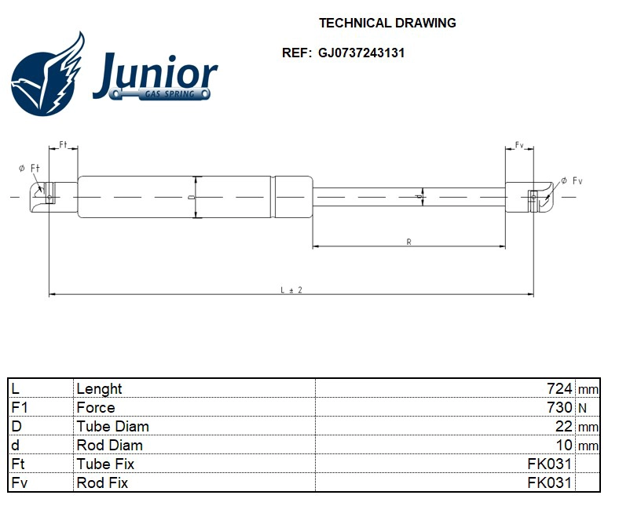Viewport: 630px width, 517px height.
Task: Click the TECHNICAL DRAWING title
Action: pyautogui.click(x=387, y=23)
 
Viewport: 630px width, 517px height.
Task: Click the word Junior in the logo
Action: pyautogui.click(x=155, y=74)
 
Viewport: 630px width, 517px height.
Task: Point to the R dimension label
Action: pyautogui.click(x=408, y=242)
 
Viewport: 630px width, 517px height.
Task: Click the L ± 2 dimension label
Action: pyautogui.click(x=291, y=290)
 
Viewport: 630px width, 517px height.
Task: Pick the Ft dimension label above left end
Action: pyautogui.click(x=64, y=146)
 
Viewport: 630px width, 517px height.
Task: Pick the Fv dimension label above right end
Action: pyautogui.click(x=519, y=146)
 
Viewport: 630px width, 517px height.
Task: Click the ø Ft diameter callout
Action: pyautogui.click(x=28, y=168)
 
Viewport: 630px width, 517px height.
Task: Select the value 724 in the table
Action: pyautogui.click(x=559, y=389)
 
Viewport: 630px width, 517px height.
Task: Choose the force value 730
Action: pyautogui.click(x=559, y=408)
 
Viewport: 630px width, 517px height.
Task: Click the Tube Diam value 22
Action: pyautogui.click(x=563, y=427)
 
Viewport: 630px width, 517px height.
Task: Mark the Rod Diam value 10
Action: pyautogui.click(x=563, y=446)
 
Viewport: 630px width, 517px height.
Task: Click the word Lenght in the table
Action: pyautogui.click(x=99, y=389)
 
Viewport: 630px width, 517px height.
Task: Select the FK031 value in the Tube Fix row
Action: pyautogui.click(x=549, y=464)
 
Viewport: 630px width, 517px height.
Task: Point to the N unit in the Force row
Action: pyautogui.click(x=582, y=408)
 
